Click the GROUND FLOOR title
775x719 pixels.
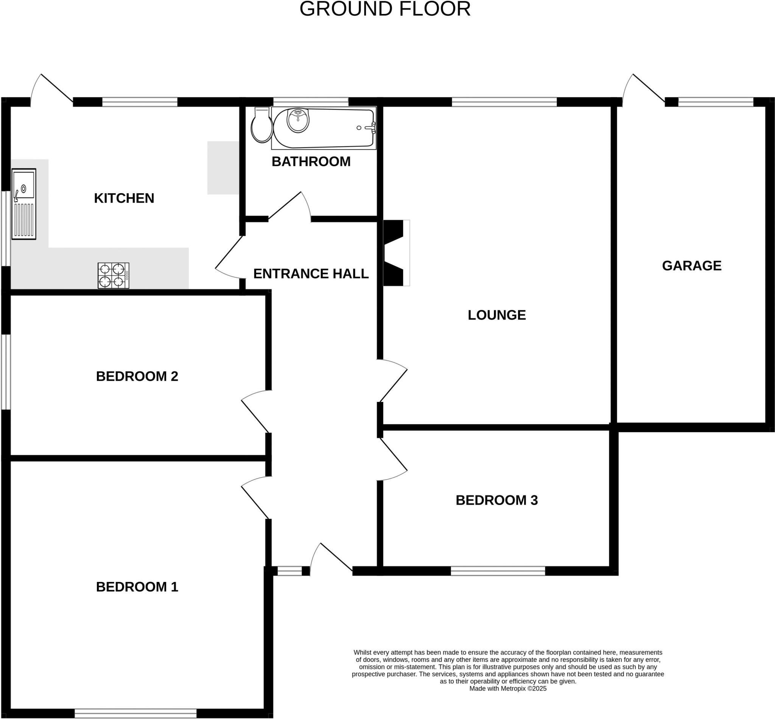click(x=385, y=9)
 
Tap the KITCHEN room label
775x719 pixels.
click(x=124, y=199)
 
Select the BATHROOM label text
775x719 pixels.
click(x=311, y=161)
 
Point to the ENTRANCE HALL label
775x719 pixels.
click(x=311, y=274)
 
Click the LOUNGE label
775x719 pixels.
click(x=497, y=315)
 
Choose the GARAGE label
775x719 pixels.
click(x=691, y=266)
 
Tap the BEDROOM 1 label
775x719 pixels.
click(x=137, y=587)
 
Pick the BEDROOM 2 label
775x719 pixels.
click(x=137, y=376)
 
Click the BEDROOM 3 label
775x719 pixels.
click(x=497, y=500)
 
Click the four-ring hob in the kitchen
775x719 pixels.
click(x=113, y=275)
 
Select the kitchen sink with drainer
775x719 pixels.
click(x=24, y=204)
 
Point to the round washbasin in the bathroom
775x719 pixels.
click(x=298, y=120)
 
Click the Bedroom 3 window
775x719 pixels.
click(x=498, y=571)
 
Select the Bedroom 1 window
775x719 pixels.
click(x=135, y=713)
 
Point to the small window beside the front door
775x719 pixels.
click(x=289, y=571)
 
